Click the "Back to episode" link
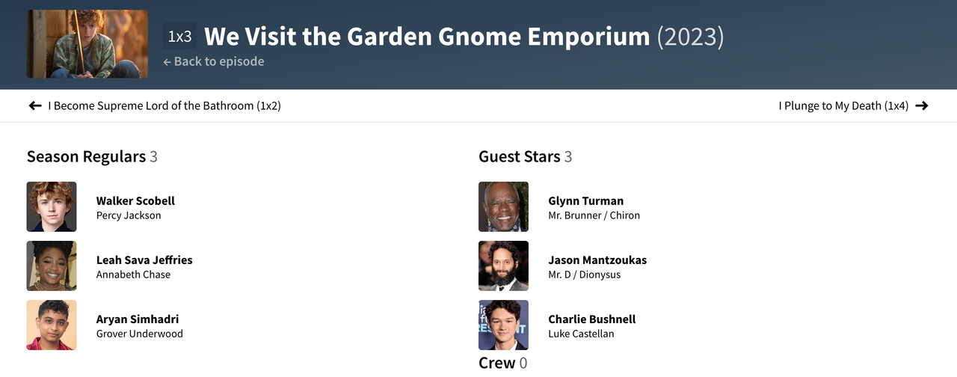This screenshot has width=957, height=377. (x=214, y=61)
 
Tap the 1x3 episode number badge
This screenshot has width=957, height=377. (x=180, y=37)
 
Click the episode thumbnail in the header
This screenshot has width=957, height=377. (x=87, y=44)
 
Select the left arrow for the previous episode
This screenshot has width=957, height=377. (x=35, y=105)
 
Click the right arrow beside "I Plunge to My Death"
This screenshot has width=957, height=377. (x=922, y=105)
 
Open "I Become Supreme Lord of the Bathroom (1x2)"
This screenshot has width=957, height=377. (x=164, y=105)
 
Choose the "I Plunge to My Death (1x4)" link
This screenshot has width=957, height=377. (x=843, y=105)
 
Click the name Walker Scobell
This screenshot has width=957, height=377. (x=135, y=201)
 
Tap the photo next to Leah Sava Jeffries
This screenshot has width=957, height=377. (x=52, y=266)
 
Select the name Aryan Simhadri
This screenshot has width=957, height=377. (x=138, y=319)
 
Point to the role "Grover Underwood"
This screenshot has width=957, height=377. (x=139, y=334)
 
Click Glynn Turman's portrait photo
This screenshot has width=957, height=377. (x=503, y=207)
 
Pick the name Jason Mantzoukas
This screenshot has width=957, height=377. (x=597, y=260)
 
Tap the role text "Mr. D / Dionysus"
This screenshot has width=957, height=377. (x=584, y=275)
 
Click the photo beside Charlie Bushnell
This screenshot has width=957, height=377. (x=503, y=325)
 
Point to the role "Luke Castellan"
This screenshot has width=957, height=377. (x=581, y=334)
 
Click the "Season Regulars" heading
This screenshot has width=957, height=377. (x=86, y=157)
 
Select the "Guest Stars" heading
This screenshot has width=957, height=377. (x=519, y=157)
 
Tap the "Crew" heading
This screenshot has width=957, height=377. (x=497, y=363)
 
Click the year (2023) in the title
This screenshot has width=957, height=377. (x=690, y=37)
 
